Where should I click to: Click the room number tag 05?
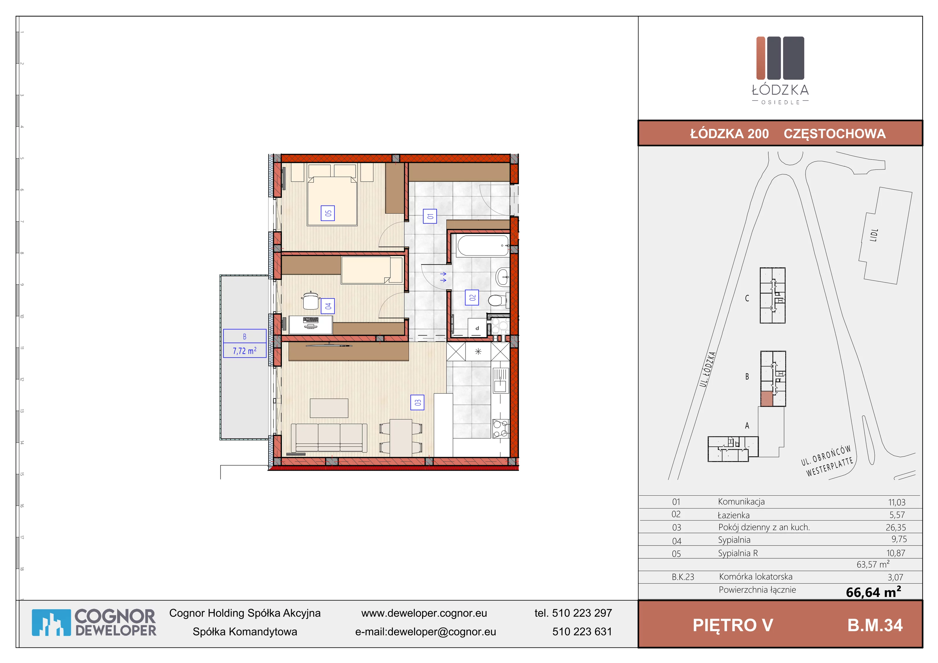click(328, 213)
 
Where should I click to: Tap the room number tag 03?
click(417, 402)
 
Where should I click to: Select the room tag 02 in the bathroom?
click(472, 297)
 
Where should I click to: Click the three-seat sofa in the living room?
click(329, 438)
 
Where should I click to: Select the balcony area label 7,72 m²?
click(245, 351)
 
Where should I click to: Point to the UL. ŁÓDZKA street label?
click(708, 369)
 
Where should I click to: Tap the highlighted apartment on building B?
click(767, 398)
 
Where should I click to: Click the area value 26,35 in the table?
click(895, 527)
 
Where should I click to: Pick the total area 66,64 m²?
click(874, 592)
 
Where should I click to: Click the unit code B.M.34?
click(875, 625)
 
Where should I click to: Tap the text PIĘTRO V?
click(733, 625)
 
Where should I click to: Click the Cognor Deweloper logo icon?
click(51, 623)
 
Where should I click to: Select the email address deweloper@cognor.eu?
click(442, 632)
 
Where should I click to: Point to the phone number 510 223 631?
click(582, 632)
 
